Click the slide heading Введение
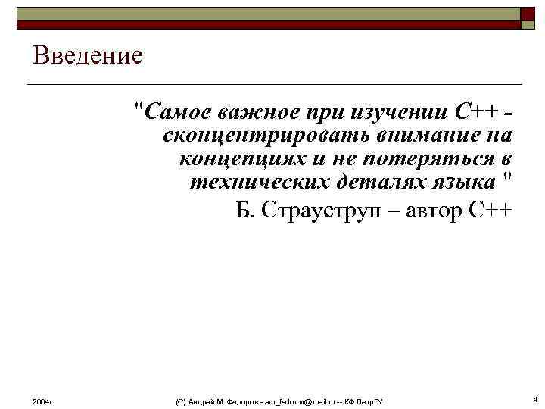[x=88, y=56]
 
